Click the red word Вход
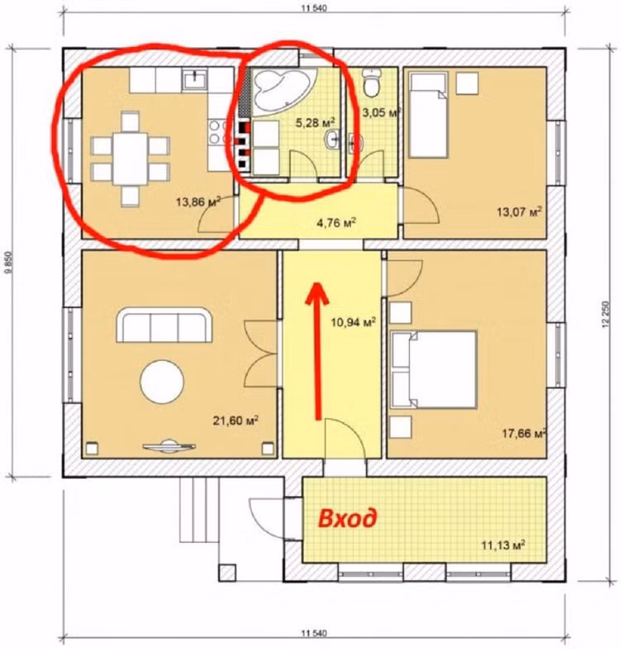point(348,518)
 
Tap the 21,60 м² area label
point(235,421)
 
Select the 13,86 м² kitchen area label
point(198,202)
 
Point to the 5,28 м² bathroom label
point(315,123)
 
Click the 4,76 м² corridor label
point(336,224)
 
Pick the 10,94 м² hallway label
point(353,321)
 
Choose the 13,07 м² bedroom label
point(519,212)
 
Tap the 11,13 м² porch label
point(503,545)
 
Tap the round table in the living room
point(162,382)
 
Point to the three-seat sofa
point(164,324)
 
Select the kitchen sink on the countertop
point(194,79)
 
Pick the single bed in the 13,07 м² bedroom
point(429,114)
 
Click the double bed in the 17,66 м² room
point(433,369)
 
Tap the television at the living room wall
point(169,445)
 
